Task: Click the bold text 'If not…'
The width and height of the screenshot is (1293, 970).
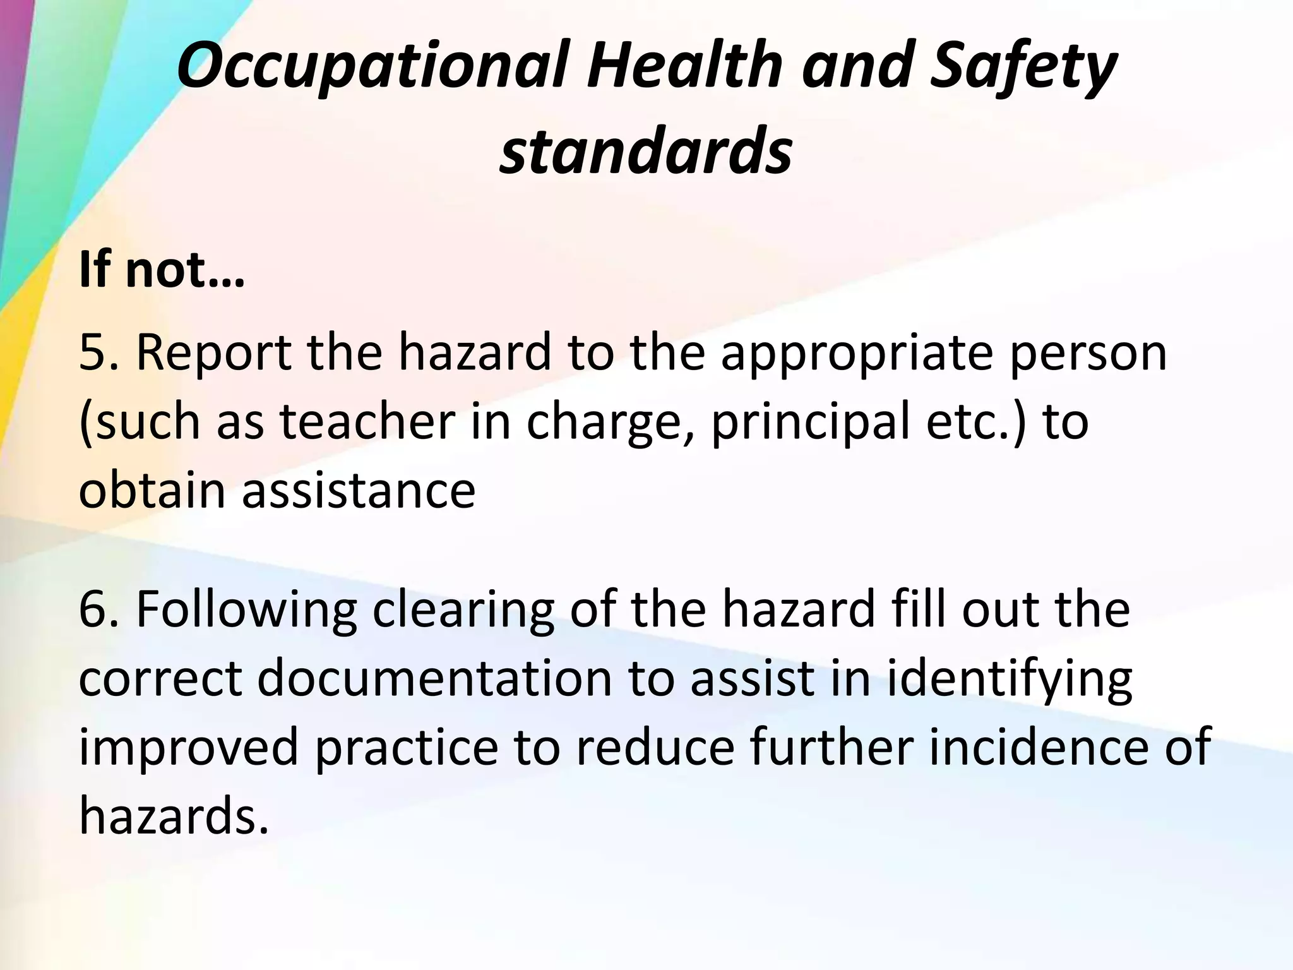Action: (x=161, y=270)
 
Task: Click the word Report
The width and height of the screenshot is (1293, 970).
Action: (x=213, y=354)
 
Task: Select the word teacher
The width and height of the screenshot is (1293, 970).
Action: (x=366, y=421)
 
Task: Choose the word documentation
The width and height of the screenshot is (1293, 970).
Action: (x=434, y=679)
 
